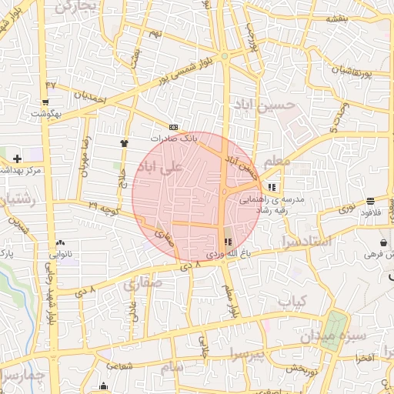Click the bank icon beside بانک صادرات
tap(173, 127)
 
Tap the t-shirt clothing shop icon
tap(125, 142)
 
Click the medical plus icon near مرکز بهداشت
tap(17, 158)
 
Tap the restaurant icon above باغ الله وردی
tap(226, 242)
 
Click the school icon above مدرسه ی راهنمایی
tap(271, 186)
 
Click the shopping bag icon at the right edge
tap(383, 243)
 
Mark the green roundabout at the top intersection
tap(224, 57)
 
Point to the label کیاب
tap(292, 300)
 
